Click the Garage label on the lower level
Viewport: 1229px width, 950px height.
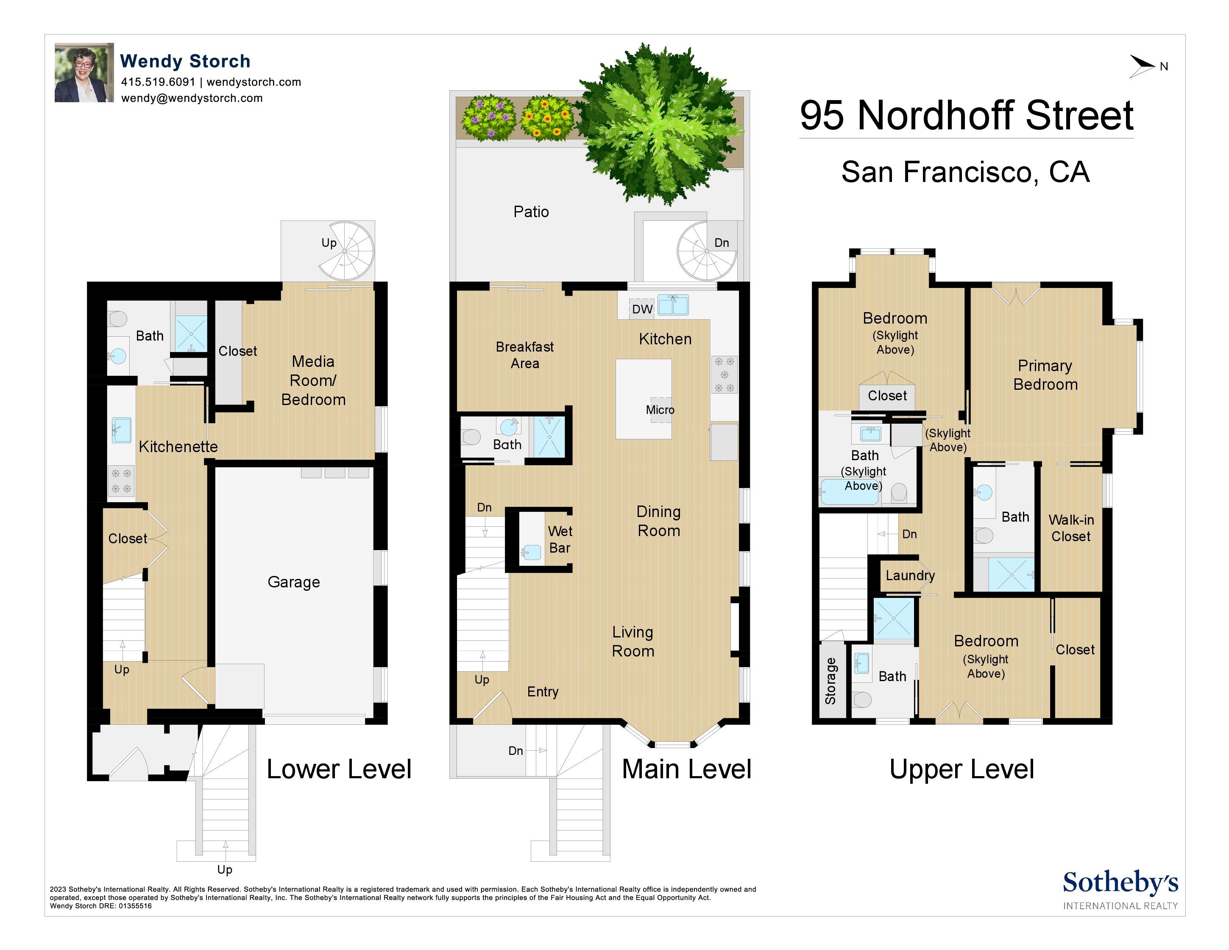pos(293,582)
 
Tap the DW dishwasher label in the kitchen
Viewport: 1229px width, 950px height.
pos(642,309)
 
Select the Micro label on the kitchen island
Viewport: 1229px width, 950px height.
pos(660,410)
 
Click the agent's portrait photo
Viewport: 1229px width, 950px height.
pos(84,73)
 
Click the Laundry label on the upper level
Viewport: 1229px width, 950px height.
pos(910,575)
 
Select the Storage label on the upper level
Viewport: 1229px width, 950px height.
pos(830,681)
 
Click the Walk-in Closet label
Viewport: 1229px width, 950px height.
pos(1071,528)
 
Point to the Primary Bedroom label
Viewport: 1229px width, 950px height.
pos(1045,375)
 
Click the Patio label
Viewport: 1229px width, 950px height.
pos(531,212)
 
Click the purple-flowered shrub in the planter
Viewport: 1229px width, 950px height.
pos(488,117)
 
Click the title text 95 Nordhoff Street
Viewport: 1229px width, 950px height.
pos(966,115)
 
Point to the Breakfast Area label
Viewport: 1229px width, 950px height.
pos(524,355)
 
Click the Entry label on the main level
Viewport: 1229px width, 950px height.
pos(543,692)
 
